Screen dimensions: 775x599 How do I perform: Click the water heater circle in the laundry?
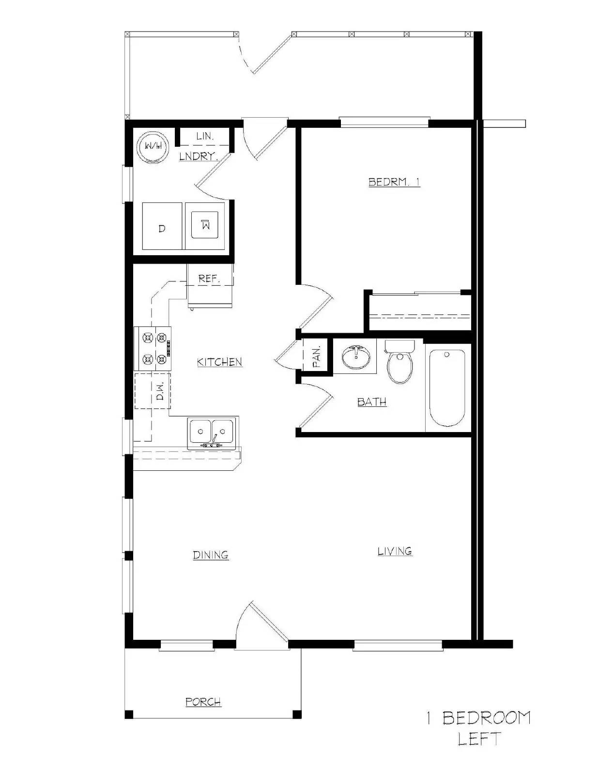(153, 145)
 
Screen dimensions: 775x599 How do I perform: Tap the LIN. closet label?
(205, 137)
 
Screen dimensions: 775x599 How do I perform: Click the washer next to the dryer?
(205, 225)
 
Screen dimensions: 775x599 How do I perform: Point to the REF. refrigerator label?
(209, 279)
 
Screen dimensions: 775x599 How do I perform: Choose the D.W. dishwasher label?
(160, 390)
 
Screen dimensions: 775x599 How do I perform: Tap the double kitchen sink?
(212, 431)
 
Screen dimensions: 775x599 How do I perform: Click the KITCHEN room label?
(219, 362)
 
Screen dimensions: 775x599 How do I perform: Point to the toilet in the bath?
(400, 364)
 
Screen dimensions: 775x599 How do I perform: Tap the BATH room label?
(372, 402)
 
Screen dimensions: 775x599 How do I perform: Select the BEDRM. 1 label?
(394, 182)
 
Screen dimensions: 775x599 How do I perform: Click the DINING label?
(211, 555)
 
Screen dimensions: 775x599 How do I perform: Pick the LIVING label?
(395, 551)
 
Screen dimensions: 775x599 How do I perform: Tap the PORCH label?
(203, 701)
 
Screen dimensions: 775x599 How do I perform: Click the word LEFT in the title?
(479, 739)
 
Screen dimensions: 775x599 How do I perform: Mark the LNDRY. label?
(198, 156)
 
